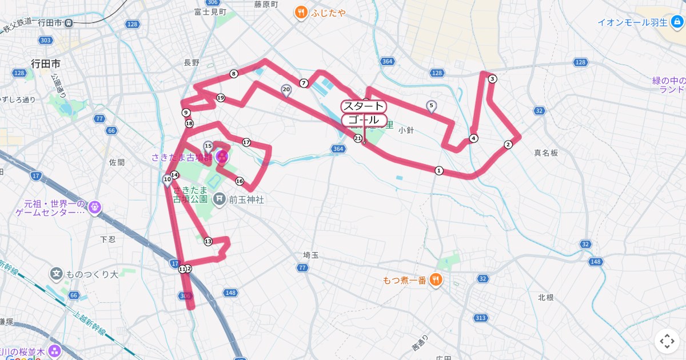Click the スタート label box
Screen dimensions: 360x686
click(x=364, y=106)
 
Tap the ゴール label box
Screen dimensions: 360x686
click(x=364, y=120)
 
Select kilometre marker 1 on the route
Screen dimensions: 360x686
click(x=439, y=170)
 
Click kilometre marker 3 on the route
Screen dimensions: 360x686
click(x=492, y=79)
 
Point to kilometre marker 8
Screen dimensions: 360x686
click(x=233, y=74)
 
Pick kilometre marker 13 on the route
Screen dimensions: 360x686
click(x=208, y=242)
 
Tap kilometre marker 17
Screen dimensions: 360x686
click(x=246, y=142)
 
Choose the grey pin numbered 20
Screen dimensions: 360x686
click(x=286, y=90)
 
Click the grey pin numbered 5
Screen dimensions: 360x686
click(x=432, y=106)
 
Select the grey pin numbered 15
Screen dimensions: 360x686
click(x=208, y=147)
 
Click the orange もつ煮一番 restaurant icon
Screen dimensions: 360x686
click(x=436, y=279)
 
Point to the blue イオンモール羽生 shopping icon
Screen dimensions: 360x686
click(x=677, y=22)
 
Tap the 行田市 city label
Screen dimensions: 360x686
click(x=46, y=63)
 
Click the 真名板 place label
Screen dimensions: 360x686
click(x=546, y=153)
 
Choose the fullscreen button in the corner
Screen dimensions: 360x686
click(x=667, y=342)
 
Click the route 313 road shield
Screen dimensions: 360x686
click(x=480, y=318)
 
